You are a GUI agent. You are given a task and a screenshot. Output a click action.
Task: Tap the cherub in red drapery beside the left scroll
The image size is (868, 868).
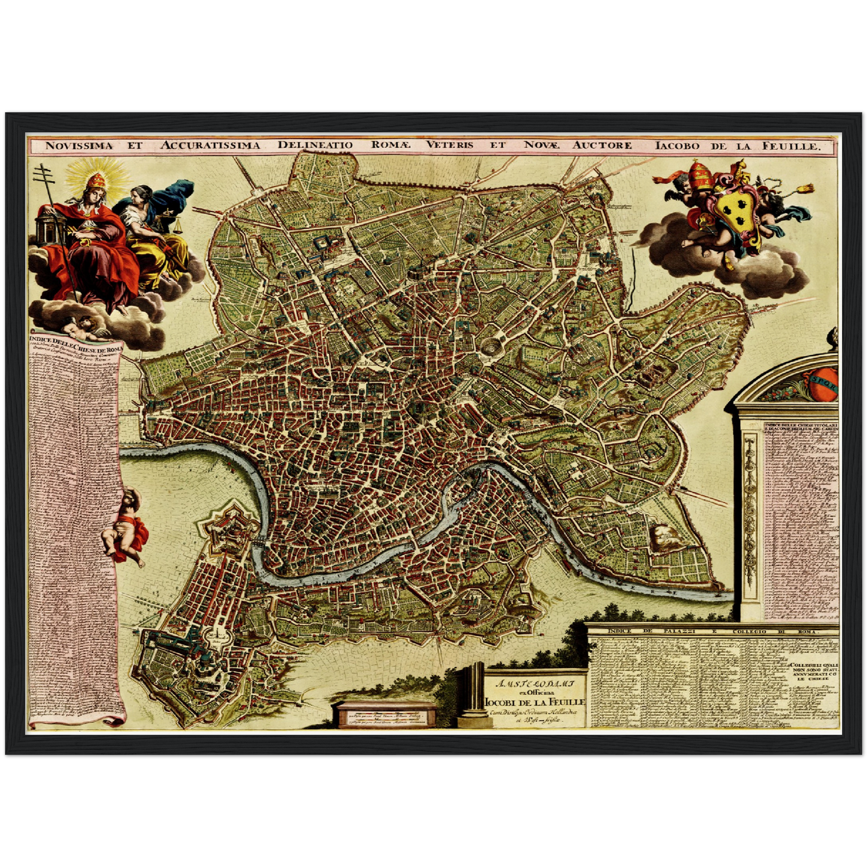[x=127, y=529]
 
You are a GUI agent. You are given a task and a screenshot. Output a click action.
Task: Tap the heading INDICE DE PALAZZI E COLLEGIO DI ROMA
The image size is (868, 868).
[x=712, y=631]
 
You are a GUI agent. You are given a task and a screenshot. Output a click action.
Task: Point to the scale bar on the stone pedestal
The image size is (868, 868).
[x=384, y=717]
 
